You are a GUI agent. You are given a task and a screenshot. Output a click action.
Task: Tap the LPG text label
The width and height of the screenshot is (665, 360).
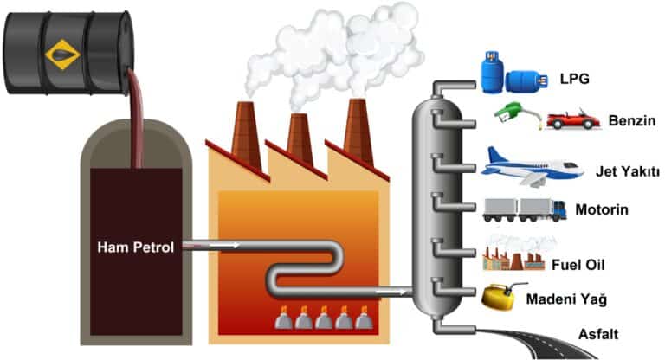coord(575,79)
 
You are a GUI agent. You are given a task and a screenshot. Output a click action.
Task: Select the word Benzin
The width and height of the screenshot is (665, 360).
coord(630,119)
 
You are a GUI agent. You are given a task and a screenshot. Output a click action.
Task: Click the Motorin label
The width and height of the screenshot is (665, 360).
coord(600,209)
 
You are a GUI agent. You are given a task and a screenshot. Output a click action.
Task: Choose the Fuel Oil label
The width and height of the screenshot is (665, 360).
coord(581,262)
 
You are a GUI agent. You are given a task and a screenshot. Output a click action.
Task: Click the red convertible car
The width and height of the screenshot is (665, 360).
coord(572,119)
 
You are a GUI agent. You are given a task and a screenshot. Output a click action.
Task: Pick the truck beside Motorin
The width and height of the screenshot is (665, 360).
coord(522,209)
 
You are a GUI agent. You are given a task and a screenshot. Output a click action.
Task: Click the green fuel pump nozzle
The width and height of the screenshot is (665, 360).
coord(510,112)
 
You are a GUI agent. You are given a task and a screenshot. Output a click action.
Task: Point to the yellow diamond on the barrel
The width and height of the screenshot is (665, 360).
coord(62,55)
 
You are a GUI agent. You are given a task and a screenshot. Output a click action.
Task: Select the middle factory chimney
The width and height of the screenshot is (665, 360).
coord(300,138)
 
